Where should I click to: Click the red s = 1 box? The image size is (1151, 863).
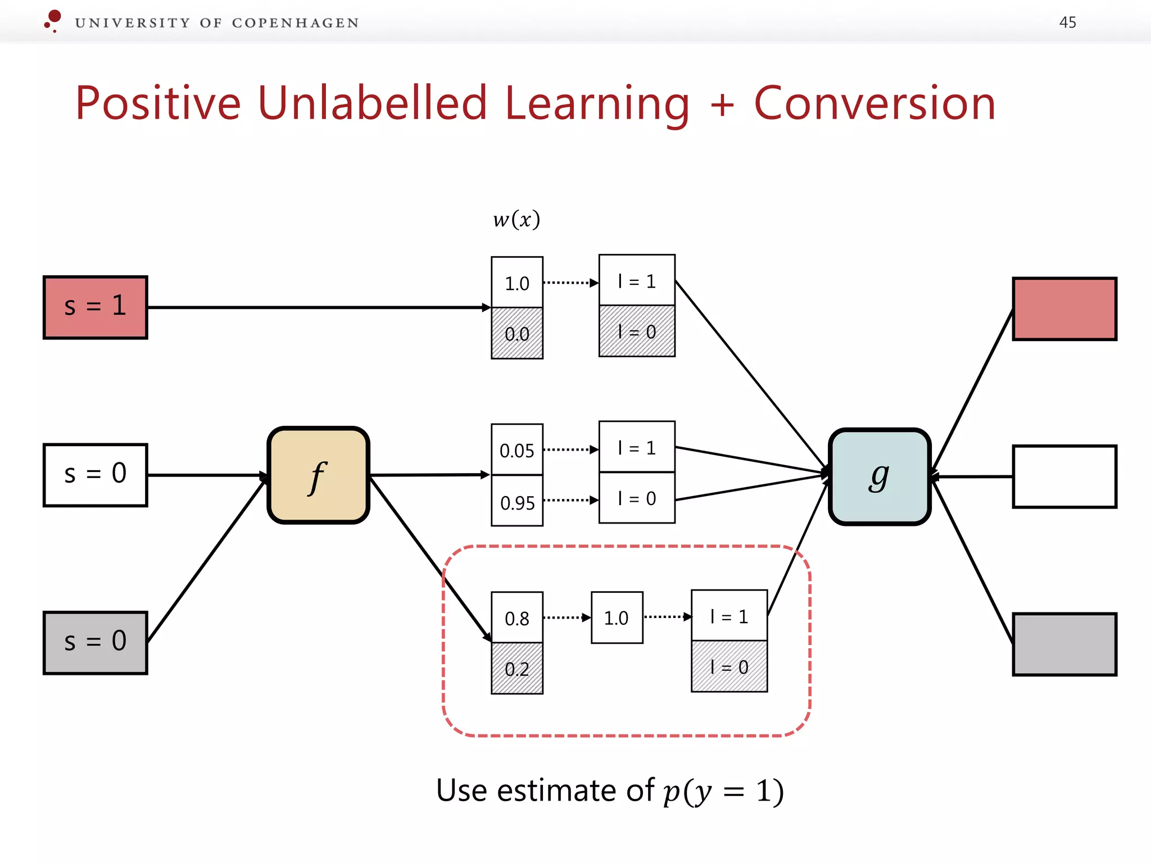click(96, 307)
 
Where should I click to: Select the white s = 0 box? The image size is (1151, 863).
click(96, 475)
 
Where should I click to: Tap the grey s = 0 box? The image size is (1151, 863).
click(96, 642)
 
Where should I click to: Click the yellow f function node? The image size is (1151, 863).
click(319, 475)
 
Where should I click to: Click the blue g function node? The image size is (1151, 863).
click(880, 476)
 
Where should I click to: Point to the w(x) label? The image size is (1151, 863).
click(516, 219)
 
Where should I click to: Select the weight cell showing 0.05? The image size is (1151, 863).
click(517, 449)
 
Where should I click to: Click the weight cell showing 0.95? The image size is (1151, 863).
click(517, 501)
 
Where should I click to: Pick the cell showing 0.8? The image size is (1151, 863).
click(517, 617)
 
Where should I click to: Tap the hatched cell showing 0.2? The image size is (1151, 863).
click(517, 669)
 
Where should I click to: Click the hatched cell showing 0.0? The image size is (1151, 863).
click(517, 333)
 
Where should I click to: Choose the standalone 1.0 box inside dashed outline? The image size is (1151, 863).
click(617, 617)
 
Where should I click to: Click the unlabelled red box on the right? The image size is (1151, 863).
click(1064, 308)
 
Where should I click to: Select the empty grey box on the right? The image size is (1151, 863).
click(1064, 644)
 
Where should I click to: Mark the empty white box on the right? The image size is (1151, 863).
click(1064, 476)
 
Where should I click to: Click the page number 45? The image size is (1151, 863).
click(1067, 22)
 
